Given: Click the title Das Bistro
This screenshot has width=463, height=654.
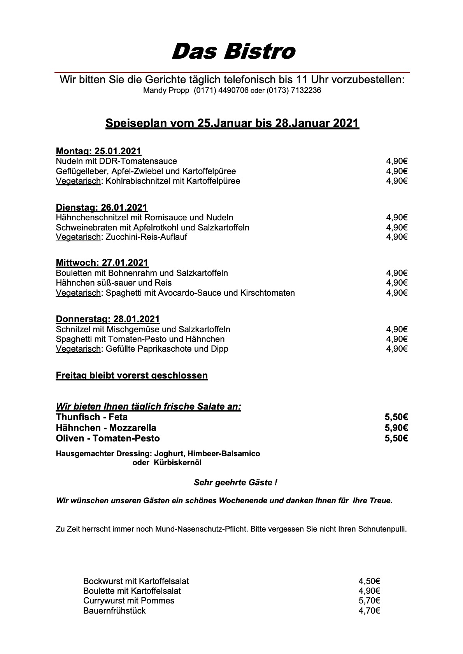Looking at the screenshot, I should click(233, 52).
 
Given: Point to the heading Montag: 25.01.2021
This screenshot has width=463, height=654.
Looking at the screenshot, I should click(98, 151).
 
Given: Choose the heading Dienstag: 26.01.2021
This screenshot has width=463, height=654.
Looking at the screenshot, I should click(102, 208).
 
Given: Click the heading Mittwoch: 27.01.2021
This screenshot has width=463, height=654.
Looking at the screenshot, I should click(102, 263).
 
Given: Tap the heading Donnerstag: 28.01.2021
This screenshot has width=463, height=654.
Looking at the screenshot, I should click(108, 319).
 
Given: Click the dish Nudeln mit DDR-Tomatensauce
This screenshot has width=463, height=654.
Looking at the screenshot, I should click(116, 161).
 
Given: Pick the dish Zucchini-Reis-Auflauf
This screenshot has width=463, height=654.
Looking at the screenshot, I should click(146, 237).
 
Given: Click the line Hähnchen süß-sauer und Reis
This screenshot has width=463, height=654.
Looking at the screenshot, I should click(114, 283).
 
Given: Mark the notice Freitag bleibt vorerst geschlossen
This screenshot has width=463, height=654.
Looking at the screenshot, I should click(132, 376).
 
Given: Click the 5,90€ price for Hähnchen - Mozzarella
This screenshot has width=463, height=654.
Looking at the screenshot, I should click(396, 428).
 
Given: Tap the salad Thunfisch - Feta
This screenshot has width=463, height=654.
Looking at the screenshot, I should click(92, 417).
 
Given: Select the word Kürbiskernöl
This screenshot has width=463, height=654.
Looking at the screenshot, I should click(177, 463).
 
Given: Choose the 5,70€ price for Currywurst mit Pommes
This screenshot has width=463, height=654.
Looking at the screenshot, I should click(369, 601).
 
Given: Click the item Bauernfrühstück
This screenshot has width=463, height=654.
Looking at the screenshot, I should click(114, 611).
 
